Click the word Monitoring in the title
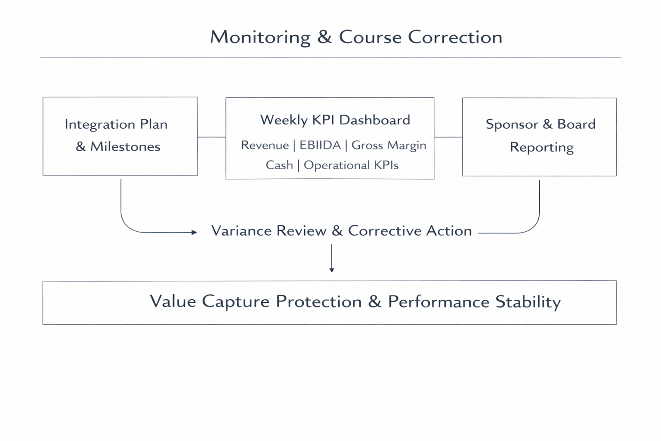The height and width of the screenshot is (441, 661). tap(260, 37)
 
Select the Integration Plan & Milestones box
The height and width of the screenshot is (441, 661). tap(120, 136)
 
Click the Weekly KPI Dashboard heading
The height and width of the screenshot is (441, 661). tap(335, 120)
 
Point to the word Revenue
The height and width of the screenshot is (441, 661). tap(265, 145)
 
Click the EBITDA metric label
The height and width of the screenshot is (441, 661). tap(320, 145)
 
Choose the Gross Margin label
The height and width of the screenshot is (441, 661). tap(389, 145)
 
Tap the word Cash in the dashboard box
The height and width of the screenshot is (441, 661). tap(279, 165)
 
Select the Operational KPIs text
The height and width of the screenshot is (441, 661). tap(351, 165)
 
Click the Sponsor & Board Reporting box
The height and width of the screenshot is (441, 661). tap(539, 137)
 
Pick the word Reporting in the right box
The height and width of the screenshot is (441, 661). tap(541, 147)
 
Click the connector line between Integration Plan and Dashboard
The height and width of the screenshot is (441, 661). tap(212, 137)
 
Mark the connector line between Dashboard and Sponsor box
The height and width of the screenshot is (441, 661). tap(448, 137)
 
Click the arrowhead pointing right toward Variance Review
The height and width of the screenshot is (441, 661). tap(194, 232)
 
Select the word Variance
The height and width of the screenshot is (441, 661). tap(241, 231)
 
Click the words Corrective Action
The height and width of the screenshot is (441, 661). tap(410, 231)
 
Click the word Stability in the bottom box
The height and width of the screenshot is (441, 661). tap(528, 302)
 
